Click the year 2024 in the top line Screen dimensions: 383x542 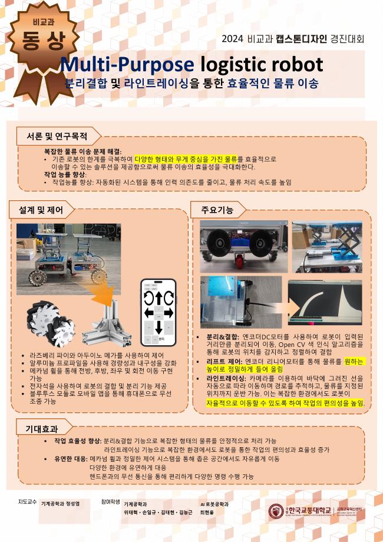[x=233, y=39]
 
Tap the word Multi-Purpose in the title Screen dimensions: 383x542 [x=127, y=65]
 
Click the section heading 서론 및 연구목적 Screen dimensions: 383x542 [x=57, y=136]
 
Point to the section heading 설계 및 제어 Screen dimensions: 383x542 [x=41, y=210]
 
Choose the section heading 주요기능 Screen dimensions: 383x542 [x=217, y=210]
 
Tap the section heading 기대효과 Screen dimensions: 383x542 [x=41, y=429]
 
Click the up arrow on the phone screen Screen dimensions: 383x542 [x=159, y=298]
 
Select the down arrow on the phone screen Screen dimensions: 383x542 [x=159, y=328]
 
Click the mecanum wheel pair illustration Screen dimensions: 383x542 [x=51, y=323]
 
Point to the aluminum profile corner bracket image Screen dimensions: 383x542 [x=107, y=324]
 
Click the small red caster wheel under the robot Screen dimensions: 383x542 [x=239, y=260]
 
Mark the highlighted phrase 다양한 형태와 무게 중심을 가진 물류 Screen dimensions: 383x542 [x=186, y=159]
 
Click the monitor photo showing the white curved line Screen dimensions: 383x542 [x=325, y=303]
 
